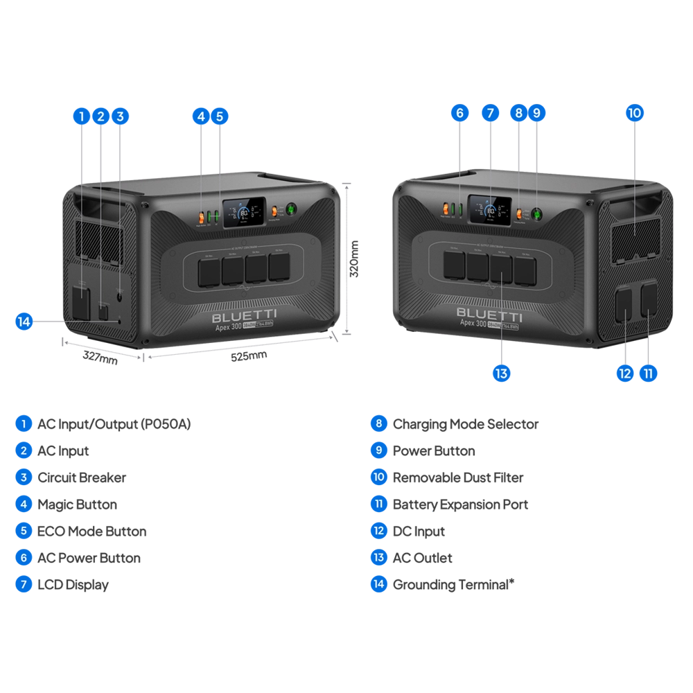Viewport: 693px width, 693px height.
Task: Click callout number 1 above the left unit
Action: pyautogui.click(x=82, y=116)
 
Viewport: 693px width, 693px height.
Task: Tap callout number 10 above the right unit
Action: pyautogui.click(x=635, y=112)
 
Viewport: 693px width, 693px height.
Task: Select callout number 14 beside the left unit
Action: pyautogui.click(x=24, y=322)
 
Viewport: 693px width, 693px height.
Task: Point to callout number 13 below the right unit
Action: pyautogui.click(x=501, y=374)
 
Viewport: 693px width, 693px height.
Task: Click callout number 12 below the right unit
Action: pyautogui.click(x=625, y=374)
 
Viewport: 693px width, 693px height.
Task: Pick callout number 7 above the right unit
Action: pyautogui.click(x=491, y=112)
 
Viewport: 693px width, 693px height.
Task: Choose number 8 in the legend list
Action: pyautogui.click(x=379, y=423)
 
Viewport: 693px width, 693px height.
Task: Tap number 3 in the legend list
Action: pyautogui.click(x=24, y=477)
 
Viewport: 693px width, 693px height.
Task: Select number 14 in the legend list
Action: pyautogui.click(x=379, y=584)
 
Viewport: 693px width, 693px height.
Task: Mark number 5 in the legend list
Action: pyautogui.click(x=24, y=531)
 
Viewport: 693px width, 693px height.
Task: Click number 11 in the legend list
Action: pyautogui.click(x=379, y=504)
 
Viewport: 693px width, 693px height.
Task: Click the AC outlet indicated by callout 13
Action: pyautogui.click(x=501, y=269)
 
